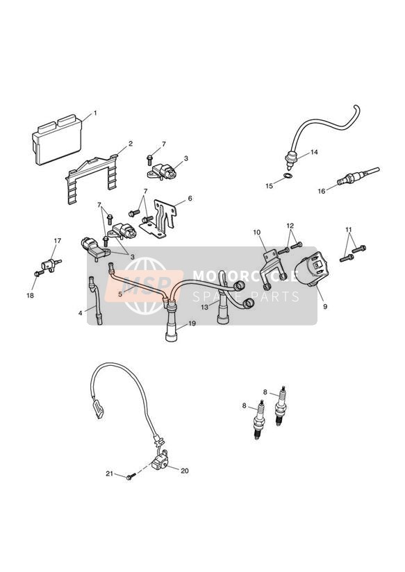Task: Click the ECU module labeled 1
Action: click(57, 140)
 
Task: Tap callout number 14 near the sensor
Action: click(314, 152)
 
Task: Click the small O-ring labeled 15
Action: click(288, 176)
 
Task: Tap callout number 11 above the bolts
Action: click(349, 230)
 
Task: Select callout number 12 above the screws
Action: click(290, 226)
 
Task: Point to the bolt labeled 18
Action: click(38, 274)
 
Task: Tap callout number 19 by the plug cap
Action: click(192, 323)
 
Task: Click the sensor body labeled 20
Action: click(159, 462)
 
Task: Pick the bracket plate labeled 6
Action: click(160, 219)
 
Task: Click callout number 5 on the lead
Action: click(120, 294)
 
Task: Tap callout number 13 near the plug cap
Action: click(204, 307)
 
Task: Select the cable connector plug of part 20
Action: click(98, 410)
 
